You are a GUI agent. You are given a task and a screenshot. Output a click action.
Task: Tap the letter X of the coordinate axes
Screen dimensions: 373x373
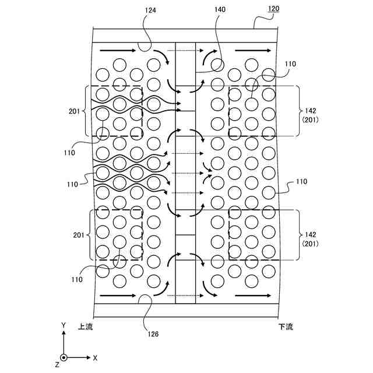tap(95, 357)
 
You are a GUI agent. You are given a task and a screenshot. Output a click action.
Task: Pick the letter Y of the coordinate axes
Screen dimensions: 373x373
tap(64, 324)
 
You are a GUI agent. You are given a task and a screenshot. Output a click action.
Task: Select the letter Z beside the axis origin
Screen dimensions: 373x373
tap(57, 365)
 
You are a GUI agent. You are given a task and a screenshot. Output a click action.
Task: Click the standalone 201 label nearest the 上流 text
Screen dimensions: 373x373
tap(78, 235)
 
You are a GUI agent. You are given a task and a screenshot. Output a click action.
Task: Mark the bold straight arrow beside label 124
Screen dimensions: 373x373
tap(118, 51)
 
